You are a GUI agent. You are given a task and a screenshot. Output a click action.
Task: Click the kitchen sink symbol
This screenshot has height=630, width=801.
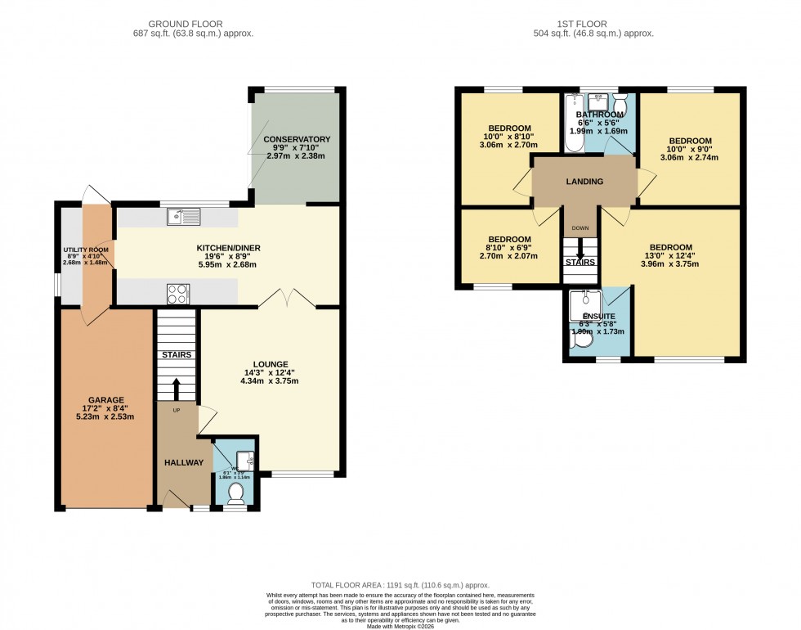click(x=183, y=217)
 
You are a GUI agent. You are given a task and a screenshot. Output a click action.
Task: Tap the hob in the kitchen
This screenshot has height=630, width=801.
click(x=178, y=293)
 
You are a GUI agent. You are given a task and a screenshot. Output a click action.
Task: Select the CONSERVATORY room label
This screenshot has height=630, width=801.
click(x=297, y=139)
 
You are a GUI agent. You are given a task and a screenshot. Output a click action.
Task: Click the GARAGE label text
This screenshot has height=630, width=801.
click(x=106, y=400)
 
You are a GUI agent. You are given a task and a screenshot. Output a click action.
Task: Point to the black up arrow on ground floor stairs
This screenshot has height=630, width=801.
click(x=177, y=386)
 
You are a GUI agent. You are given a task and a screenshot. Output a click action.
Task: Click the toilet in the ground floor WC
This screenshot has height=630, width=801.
click(x=235, y=493)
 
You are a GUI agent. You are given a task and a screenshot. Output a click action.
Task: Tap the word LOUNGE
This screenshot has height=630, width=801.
click(x=271, y=364)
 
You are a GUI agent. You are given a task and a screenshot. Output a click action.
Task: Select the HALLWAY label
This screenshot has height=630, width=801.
click(x=183, y=462)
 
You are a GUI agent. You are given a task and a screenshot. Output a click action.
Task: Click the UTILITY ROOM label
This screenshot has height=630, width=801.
click(x=87, y=250)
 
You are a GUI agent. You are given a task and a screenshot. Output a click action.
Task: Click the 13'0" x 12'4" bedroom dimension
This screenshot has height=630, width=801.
click(x=670, y=258)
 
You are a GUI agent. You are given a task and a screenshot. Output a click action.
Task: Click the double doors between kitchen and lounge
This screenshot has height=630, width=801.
click(x=289, y=299)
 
